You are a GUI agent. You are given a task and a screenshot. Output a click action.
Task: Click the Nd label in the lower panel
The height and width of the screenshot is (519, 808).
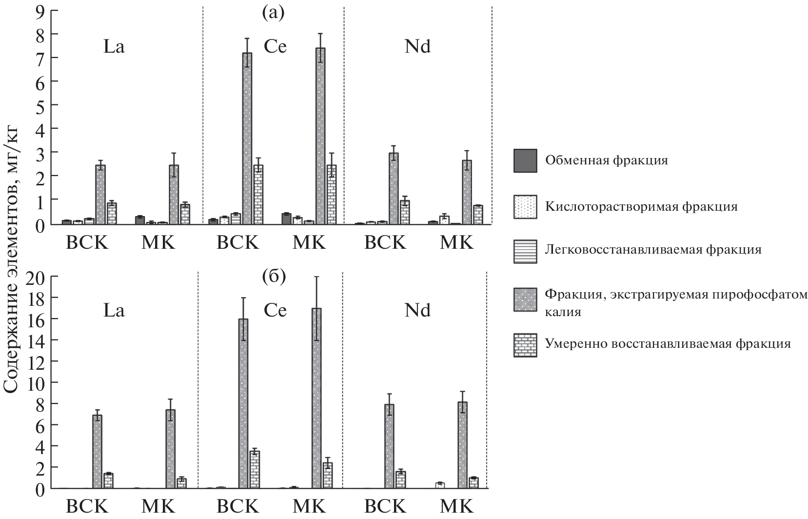click(x=417, y=311)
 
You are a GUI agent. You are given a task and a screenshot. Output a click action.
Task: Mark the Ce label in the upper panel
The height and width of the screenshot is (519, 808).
click(x=275, y=47)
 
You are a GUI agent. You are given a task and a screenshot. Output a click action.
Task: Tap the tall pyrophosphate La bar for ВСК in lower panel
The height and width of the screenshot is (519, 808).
click(x=97, y=451)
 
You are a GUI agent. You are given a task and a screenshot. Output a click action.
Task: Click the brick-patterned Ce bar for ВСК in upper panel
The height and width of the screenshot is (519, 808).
click(x=258, y=195)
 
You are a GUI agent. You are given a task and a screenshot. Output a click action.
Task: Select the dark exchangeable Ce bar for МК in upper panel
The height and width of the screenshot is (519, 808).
click(x=286, y=219)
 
